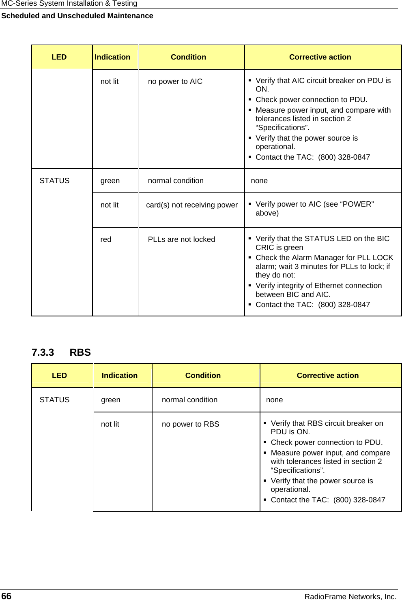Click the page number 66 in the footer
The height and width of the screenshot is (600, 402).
tap(6, 596)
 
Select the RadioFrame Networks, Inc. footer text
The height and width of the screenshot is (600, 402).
tap(350, 596)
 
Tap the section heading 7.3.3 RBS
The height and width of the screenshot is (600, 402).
tap(61, 352)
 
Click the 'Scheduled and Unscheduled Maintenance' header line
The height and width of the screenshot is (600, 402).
tap(77, 16)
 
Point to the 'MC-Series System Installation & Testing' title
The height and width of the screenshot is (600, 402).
tap(69, 4)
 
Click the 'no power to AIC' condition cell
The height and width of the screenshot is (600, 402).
tap(175, 81)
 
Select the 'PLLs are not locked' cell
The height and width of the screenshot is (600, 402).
tap(181, 239)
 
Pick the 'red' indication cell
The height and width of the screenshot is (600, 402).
tap(106, 239)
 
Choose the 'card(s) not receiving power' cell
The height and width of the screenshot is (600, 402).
tap(192, 205)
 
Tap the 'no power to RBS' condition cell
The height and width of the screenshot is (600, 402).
tap(190, 424)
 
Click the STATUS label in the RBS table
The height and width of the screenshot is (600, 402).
tap(54, 400)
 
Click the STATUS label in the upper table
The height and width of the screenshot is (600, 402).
tap(54, 181)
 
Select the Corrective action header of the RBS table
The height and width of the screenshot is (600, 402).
tap(327, 376)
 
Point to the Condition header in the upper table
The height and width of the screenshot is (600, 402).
tap(188, 57)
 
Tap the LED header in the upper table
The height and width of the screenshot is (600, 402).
tap(59, 57)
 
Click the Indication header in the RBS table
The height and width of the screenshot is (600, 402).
tap(119, 376)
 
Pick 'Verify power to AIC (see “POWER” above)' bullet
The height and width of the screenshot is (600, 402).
tap(314, 209)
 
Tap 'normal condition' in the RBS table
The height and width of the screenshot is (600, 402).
tap(189, 400)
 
